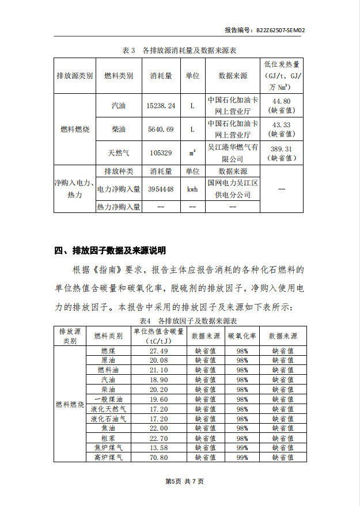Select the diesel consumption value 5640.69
coord(160,129)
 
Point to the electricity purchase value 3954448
coord(161,189)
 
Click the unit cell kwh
coord(192,189)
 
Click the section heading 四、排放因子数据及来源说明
coord(109,250)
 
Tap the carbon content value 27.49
coord(158,351)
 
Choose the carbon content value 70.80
coord(158,458)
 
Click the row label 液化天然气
coord(108,409)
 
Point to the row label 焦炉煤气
coord(108,448)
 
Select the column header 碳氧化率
coord(242,336)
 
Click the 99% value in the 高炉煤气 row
coord(242,458)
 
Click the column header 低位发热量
coord(282,64)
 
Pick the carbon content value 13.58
coord(158,448)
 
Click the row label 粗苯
coord(108,438)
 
